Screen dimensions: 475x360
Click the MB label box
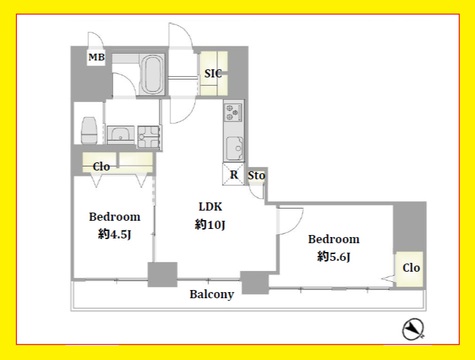(96, 57)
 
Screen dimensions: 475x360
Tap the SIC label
(213, 73)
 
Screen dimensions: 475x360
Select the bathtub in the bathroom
(152, 75)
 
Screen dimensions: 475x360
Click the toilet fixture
(90, 130)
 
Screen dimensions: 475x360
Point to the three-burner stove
(233, 113)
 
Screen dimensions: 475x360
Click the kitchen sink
(235, 148)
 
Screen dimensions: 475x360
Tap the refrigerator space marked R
(233, 174)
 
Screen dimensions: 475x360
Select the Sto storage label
(256, 175)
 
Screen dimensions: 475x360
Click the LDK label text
(210, 207)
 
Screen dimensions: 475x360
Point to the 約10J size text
(210, 225)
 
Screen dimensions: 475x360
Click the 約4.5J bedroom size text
(114, 234)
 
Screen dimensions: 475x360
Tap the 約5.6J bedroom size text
(334, 257)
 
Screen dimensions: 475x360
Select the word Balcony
(212, 294)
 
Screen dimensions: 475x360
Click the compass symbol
(413, 329)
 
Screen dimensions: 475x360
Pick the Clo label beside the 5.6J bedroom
(411, 268)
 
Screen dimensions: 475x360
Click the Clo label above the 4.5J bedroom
(101, 166)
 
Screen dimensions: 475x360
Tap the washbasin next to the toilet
(121, 135)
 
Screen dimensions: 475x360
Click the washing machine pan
(148, 137)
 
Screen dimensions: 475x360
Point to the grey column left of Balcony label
(162, 274)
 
